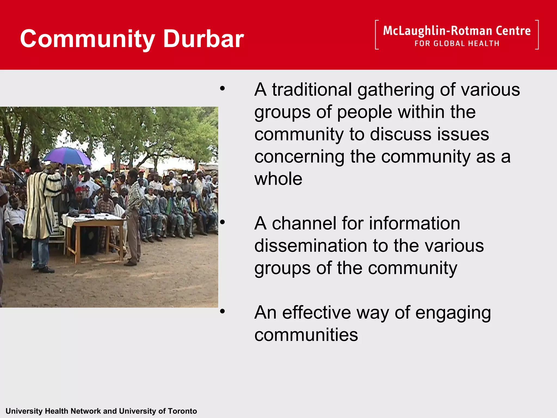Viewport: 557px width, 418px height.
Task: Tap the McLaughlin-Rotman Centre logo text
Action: [x=457, y=31]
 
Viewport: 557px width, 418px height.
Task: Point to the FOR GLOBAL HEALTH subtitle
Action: [x=457, y=44]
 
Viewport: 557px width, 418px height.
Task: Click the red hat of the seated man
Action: [x=79, y=189]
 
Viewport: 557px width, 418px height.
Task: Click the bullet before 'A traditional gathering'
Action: [x=222, y=88]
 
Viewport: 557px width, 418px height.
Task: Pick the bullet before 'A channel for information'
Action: [x=222, y=222]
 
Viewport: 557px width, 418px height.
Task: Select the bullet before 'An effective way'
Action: [x=222, y=311]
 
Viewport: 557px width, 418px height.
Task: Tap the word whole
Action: [x=278, y=179]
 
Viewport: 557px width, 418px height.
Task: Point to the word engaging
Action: [x=453, y=313]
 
